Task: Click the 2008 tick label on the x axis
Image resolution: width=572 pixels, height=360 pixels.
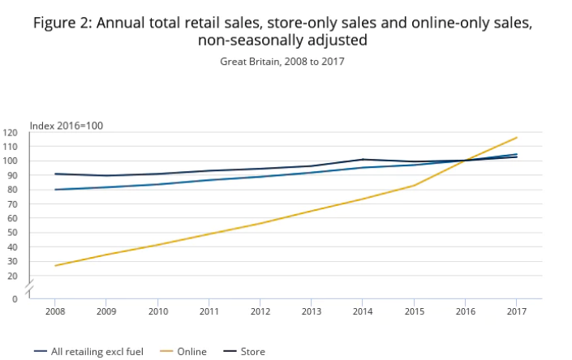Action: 55,311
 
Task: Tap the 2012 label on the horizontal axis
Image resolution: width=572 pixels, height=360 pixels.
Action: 260,311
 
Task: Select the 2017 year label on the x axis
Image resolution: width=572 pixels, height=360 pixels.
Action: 516,311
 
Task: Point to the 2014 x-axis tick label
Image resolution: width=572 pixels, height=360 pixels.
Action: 363,311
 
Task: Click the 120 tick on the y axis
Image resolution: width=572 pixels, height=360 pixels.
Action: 11,132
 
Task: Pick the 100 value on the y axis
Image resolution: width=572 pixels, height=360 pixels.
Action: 11,161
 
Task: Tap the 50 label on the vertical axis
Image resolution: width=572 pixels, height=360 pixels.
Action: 12,233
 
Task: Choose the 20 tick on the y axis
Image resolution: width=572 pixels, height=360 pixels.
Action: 12,276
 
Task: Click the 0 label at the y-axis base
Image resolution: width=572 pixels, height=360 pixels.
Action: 15,299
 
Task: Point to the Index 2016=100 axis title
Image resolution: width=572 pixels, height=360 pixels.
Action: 67,125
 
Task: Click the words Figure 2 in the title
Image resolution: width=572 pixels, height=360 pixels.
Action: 62,23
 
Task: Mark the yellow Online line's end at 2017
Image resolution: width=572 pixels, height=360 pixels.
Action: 517,137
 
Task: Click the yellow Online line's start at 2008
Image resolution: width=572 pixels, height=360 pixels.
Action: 55,265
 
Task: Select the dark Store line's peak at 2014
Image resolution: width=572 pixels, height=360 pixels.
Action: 363,160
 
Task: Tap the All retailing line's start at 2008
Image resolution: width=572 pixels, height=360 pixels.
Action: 55,190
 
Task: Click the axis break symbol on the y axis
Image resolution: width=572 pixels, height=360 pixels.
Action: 29,287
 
